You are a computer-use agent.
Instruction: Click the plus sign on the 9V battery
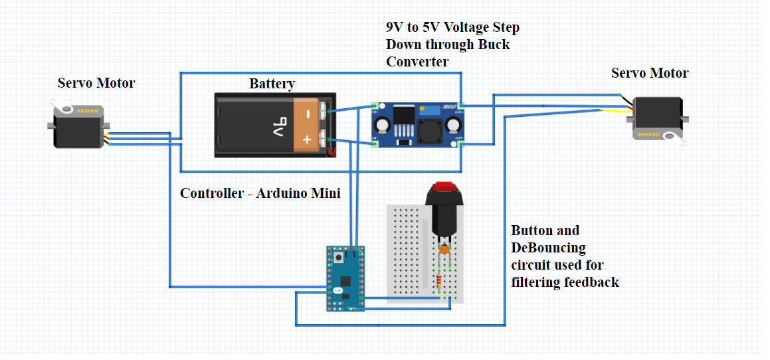307,139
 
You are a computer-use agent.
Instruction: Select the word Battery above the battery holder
272,84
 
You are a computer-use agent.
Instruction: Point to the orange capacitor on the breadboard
444,250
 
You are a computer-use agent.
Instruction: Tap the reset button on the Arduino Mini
339,257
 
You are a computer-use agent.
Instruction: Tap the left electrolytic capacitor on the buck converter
383,126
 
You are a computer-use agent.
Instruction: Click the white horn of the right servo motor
672,137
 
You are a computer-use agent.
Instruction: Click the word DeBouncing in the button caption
548,248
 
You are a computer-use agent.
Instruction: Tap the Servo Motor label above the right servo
649,73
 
